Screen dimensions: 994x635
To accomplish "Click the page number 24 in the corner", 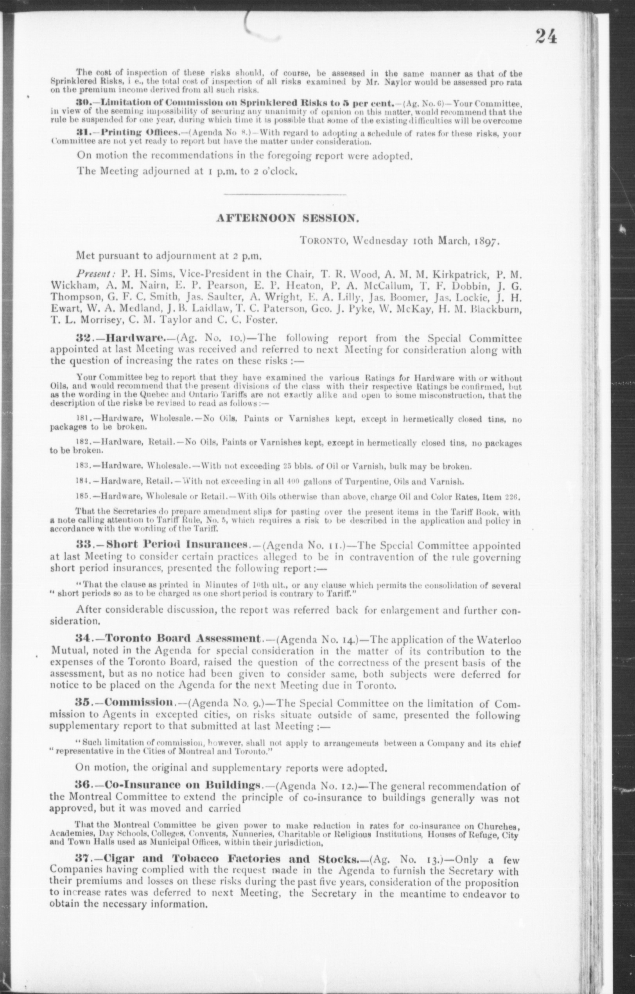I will (546, 37).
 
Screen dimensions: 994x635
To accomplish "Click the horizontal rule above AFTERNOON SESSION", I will (285, 194).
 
